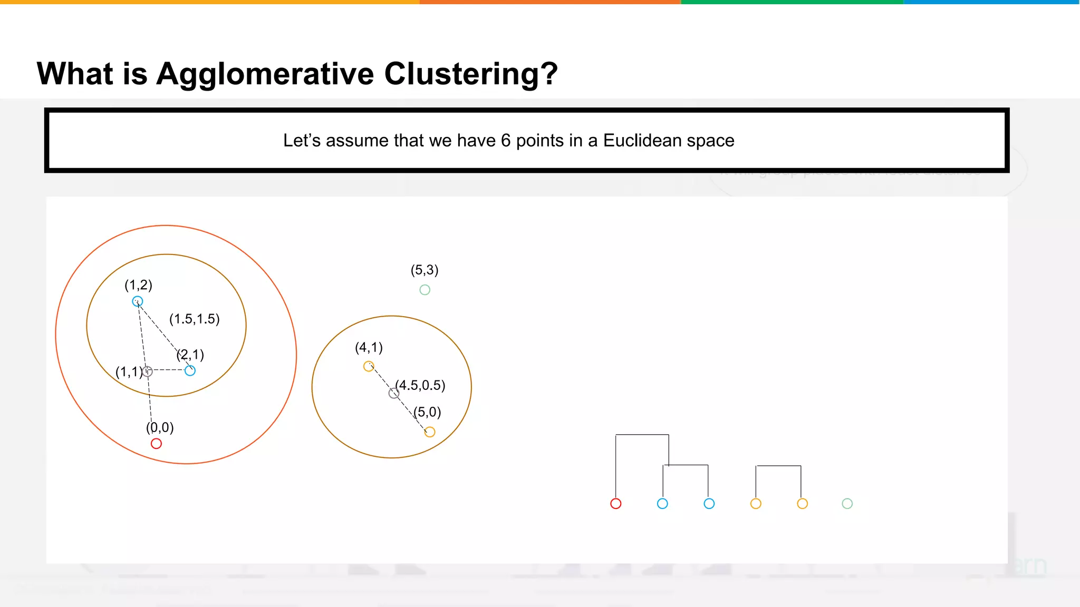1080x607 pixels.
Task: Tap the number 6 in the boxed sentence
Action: tap(505, 141)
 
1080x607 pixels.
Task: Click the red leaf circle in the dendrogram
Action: tap(615, 504)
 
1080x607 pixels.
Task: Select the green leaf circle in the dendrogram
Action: tap(847, 504)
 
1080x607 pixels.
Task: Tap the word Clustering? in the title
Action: tap(470, 74)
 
